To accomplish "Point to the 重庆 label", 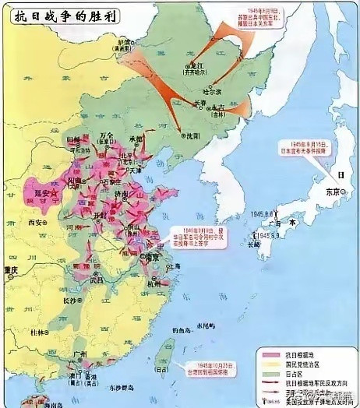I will [10, 270].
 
